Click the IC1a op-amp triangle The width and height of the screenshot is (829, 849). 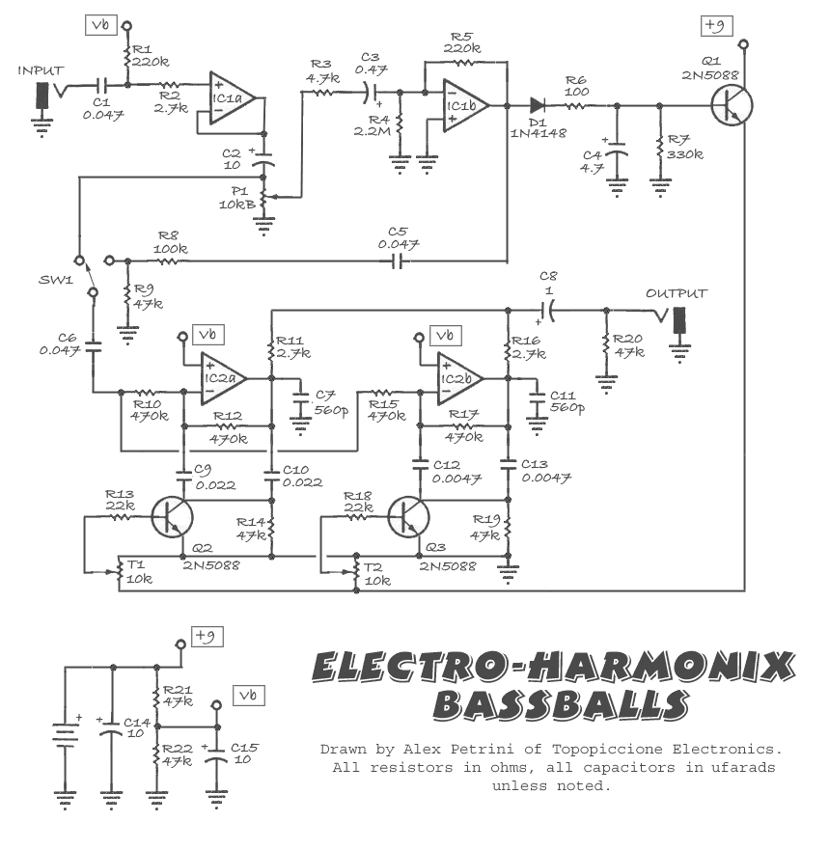(x=232, y=98)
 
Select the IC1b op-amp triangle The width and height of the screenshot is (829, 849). (x=466, y=105)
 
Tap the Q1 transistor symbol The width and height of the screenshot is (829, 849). (x=732, y=106)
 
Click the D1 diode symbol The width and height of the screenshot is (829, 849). (x=538, y=105)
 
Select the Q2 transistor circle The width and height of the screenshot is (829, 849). (x=172, y=517)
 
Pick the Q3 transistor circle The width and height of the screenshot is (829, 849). (x=409, y=517)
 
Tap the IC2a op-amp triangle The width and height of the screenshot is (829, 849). (x=223, y=378)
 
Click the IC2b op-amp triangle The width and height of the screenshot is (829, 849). (x=459, y=378)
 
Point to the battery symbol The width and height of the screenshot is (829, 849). (x=65, y=735)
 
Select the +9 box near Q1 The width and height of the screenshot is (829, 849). (x=716, y=25)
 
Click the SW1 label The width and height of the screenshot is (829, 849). (x=56, y=280)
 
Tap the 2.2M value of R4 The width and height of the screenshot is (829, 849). (x=372, y=131)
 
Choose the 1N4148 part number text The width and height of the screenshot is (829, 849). (x=539, y=133)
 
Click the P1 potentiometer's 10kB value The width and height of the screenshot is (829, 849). (x=237, y=205)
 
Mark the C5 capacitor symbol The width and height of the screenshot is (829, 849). (x=398, y=262)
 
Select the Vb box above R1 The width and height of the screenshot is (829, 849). (x=101, y=25)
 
